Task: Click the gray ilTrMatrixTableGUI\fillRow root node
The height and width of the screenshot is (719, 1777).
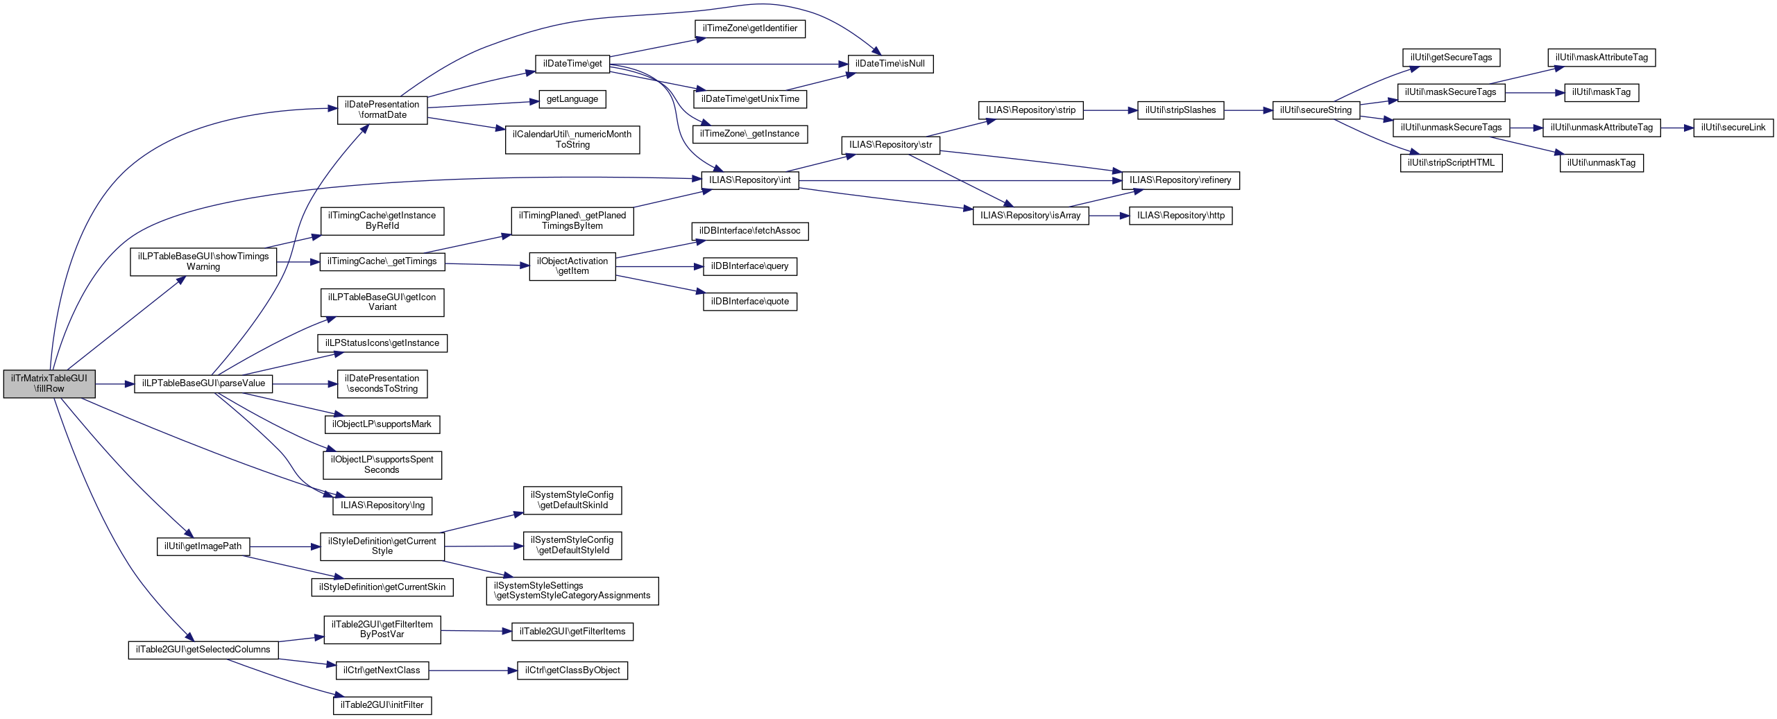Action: pos(49,383)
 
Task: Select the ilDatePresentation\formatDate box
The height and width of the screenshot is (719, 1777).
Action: pos(382,110)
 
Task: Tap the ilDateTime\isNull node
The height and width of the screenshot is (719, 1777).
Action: pos(890,64)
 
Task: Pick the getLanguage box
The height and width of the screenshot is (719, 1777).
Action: pos(572,99)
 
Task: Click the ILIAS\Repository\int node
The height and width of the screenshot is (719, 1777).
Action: pos(749,180)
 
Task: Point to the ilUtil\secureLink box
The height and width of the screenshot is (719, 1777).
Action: pos(1733,128)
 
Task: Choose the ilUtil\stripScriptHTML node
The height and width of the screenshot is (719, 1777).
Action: pos(1451,163)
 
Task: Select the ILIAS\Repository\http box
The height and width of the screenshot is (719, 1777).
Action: pos(1180,216)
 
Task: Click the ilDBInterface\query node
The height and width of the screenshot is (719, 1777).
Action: pos(749,266)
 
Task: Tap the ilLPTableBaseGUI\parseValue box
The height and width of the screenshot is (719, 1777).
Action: pos(203,383)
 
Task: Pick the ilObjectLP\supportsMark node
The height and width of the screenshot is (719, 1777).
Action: pos(382,424)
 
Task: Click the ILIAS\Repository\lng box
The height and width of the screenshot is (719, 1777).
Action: pos(382,505)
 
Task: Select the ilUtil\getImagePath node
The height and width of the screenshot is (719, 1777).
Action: pos(203,546)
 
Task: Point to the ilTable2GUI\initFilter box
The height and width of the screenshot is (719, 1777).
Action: pos(382,705)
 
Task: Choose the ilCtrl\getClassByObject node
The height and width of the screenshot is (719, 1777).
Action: pos(572,670)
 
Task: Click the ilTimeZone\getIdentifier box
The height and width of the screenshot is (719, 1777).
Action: pos(749,28)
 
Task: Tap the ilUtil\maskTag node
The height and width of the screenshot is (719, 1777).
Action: pos(1601,92)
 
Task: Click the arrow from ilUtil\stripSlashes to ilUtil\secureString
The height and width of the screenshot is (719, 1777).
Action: pos(1248,110)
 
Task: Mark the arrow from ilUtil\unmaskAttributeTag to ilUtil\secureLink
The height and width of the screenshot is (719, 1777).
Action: pos(1676,128)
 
